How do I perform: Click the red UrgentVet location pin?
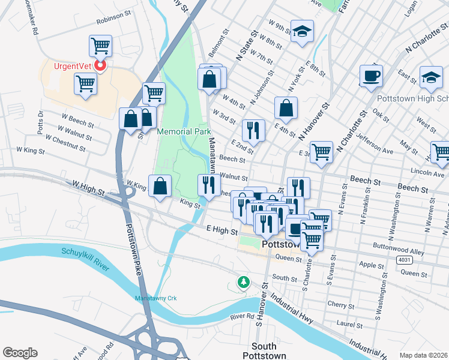pos(100,66)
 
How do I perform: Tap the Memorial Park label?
pos(184,131)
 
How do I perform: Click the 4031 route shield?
pos(404,259)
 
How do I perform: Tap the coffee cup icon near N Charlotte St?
pos(371,76)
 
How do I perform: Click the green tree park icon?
pos(243,281)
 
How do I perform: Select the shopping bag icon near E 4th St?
pos(286,109)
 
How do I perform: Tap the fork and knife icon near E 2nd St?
pos(253,131)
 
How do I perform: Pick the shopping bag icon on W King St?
pos(160,186)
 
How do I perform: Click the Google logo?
pos(20,353)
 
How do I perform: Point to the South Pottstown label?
pos(264,351)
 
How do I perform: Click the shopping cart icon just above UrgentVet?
pos(100,46)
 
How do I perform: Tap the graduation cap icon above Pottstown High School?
pos(431,77)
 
